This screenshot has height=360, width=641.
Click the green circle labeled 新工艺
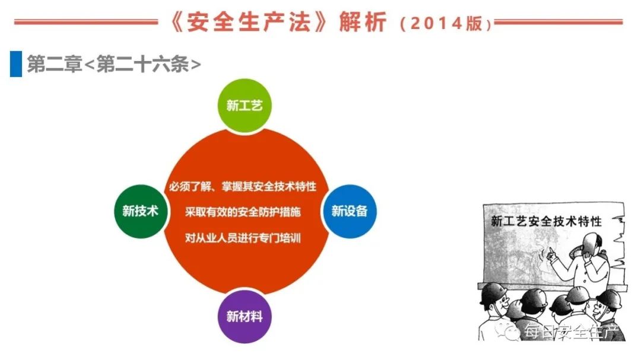coord(244,106)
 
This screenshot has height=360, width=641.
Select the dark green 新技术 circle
coord(140,211)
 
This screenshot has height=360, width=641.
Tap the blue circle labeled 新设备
coord(349,211)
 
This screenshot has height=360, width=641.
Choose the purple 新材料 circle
coord(244,316)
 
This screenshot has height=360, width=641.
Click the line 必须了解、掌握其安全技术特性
coord(243,186)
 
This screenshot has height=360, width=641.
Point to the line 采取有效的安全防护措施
coord(243,212)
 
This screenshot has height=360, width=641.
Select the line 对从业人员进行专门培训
coord(243,238)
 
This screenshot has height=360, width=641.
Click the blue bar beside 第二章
coord(16,63)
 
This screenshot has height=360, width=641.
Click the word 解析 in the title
coord(363,22)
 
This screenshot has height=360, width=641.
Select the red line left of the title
coord(86,22)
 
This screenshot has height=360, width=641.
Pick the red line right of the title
coord(559,22)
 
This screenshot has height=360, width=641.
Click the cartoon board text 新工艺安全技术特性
coord(546,221)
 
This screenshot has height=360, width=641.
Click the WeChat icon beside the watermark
coord(512,332)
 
